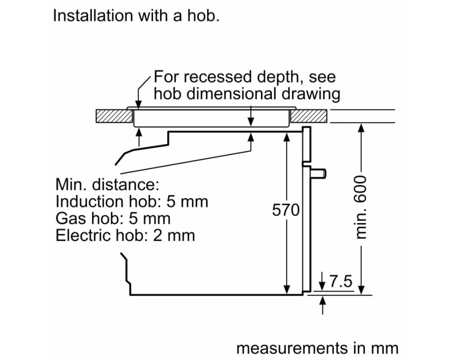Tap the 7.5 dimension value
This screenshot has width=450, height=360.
click(340, 281)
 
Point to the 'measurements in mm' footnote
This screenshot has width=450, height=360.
click(317, 348)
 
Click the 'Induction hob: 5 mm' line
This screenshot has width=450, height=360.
click(132, 201)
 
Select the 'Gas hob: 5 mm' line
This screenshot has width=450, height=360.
click(113, 218)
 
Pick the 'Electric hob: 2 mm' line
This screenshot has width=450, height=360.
click(125, 235)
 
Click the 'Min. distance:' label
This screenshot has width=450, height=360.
click(107, 184)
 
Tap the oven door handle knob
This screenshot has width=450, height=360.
click(319, 173)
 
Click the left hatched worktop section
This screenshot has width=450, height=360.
click(114, 116)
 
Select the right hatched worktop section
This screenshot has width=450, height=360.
click(309, 116)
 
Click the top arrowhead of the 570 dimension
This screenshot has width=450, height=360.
click(286, 137)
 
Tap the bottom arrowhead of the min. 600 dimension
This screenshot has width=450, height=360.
click(362, 289)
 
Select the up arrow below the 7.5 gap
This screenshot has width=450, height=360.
click(323, 305)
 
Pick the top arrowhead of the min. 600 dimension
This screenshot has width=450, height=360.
click(362, 128)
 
